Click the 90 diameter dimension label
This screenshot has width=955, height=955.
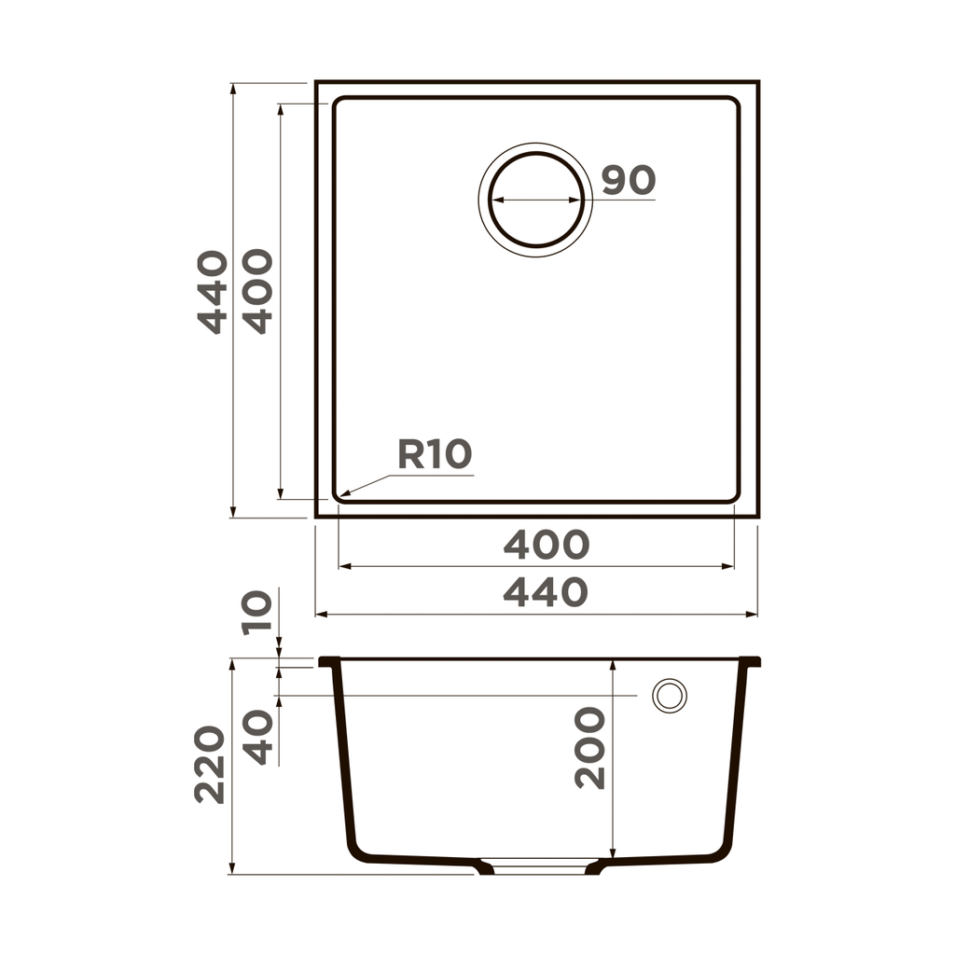(628, 180)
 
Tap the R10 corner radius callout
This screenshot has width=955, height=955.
(435, 454)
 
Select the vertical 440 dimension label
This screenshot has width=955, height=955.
(213, 292)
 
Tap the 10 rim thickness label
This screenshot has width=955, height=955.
(258, 613)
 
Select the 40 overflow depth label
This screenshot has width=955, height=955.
(258, 737)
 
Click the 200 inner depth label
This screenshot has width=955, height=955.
(590, 748)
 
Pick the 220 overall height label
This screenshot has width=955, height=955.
(211, 765)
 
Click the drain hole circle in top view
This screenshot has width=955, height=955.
(535, 200)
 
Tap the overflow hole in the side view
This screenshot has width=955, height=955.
(669, 696)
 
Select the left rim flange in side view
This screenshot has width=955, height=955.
(327, 661)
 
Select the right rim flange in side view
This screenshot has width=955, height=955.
(752, 661)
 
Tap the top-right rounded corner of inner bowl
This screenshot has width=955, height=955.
(734, 103)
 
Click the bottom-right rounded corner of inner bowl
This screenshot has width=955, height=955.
(734, 497)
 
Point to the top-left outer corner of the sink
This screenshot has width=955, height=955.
(317, 83)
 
